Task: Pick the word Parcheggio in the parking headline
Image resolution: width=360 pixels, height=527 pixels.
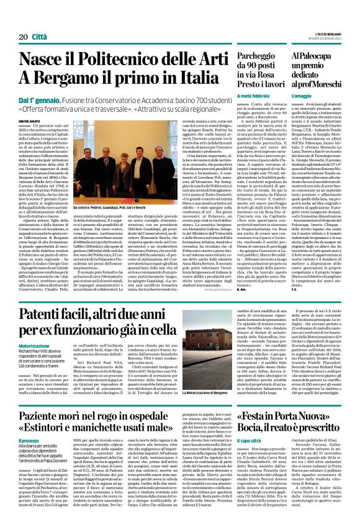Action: [x=245, y=56]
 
